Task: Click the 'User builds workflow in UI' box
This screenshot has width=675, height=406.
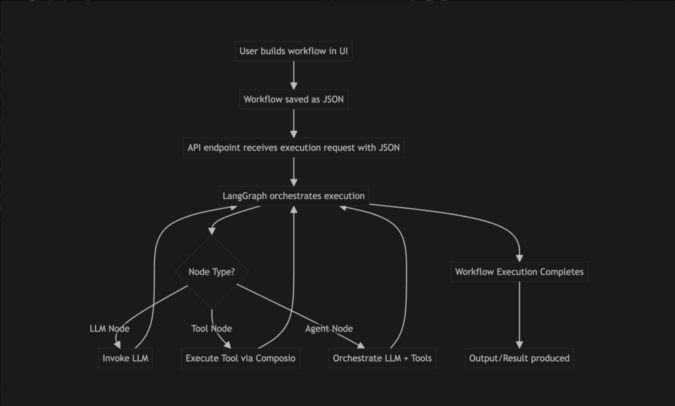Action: (293, 51)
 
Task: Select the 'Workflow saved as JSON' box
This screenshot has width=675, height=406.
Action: (293, 99)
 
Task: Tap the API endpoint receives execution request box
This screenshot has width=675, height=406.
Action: (293, 147)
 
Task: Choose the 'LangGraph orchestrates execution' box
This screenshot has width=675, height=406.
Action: (293, 195)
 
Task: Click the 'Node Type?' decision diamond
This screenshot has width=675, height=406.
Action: (212, 272)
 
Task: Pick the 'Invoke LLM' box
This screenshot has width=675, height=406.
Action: (125, 358)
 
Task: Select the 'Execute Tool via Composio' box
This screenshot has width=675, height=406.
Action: (241, 358)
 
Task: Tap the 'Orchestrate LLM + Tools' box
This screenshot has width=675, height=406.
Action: (382, 358)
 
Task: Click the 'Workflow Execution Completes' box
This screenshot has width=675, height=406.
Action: (519, 272)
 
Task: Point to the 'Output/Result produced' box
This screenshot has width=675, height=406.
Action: (519, 358)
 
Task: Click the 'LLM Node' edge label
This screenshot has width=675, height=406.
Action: (109, 328)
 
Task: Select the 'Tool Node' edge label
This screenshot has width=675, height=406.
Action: (212, 328)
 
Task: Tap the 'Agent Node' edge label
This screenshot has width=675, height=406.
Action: (329, 328)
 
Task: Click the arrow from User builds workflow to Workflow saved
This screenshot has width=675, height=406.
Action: (294, 75)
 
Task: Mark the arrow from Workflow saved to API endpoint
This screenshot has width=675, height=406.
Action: (294, 123)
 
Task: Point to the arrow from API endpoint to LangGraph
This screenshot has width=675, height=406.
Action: (294, 172)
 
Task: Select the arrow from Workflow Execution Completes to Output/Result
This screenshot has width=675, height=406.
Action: (519, 315)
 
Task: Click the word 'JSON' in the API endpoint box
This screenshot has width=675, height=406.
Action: (389, 147)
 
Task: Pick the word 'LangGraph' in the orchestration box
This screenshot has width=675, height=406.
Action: (245, 196)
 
